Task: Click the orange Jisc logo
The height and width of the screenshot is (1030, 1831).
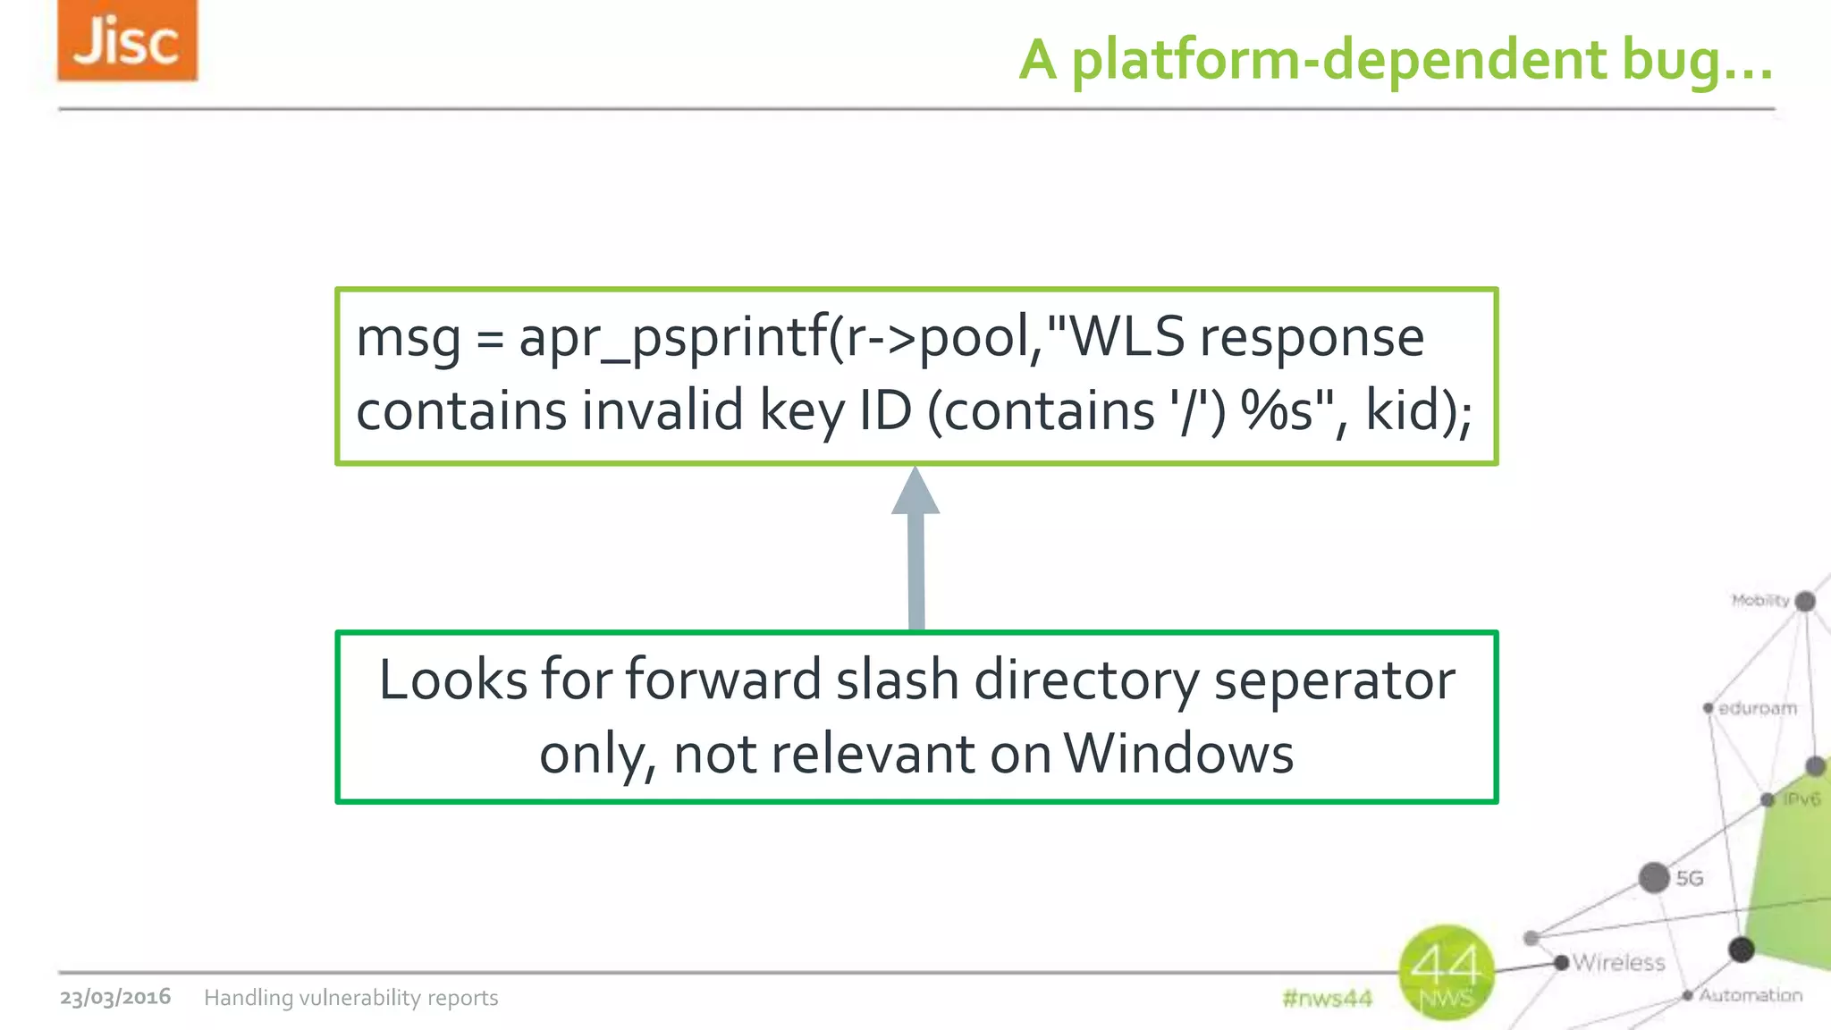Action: (x=127, y=41)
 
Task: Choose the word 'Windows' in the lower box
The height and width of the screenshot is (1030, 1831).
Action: (x=1178, y=754)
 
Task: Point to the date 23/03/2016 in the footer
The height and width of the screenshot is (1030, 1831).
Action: (x=115, y=997)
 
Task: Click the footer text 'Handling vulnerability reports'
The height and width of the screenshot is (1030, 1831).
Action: (x=350, y=998)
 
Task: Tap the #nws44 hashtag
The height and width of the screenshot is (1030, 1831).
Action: (x=1327, y=998)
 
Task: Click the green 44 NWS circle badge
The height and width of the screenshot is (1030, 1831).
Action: (x=1446, y=973)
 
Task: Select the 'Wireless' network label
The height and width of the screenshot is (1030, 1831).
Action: (x=1618, y=963)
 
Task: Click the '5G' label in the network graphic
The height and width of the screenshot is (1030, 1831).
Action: (x=1689, y=879)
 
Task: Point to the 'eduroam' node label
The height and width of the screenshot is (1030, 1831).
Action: (x=1757, y=709)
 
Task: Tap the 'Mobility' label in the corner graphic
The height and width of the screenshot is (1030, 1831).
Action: (x=1759, y=600)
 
